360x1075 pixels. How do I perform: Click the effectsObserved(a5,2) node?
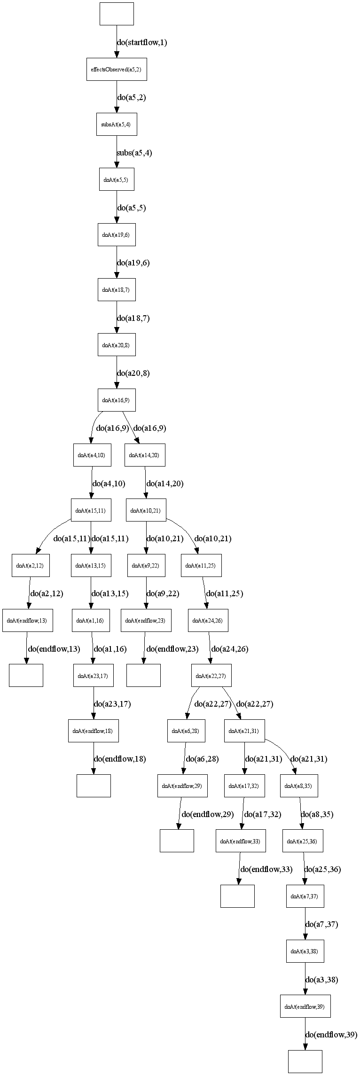pos(117,69)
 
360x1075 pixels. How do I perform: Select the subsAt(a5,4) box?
pos(117,125)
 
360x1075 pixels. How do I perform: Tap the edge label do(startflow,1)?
pos(142,43)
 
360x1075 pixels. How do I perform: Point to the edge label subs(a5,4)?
pos(134,153)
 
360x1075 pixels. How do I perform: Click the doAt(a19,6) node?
pos(117,234)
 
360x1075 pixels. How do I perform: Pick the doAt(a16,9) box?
pos(117,400)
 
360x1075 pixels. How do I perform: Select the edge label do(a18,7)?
pos(133,319)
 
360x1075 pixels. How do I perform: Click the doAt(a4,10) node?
pos(92,455)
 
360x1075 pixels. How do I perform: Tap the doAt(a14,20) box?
pos(145,455)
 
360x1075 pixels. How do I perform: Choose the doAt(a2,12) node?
pos(31,566)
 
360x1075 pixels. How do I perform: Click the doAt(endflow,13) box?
pos(27,621)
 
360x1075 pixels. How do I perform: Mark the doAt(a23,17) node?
pos(93,676)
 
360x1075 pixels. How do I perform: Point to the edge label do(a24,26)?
pos(230,649)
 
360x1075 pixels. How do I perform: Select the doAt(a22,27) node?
pos(211,676)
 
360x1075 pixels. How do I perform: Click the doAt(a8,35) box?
pos(299,786)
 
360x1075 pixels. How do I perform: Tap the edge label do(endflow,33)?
pos(266,869)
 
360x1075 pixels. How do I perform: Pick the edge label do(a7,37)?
pos(322,925)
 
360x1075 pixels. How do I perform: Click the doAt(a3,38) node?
pos(305,951)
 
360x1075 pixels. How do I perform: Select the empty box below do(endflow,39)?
pos(305,1061)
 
